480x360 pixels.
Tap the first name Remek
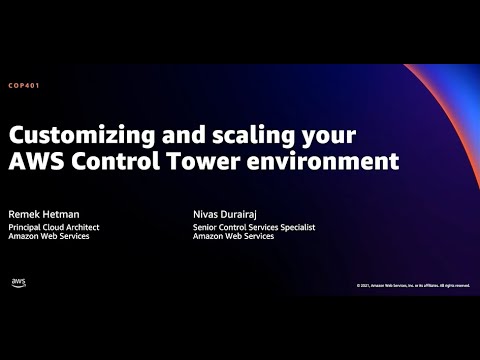27,213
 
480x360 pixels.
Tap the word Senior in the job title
206,227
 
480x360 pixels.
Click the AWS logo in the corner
18,282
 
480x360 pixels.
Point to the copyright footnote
412,285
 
